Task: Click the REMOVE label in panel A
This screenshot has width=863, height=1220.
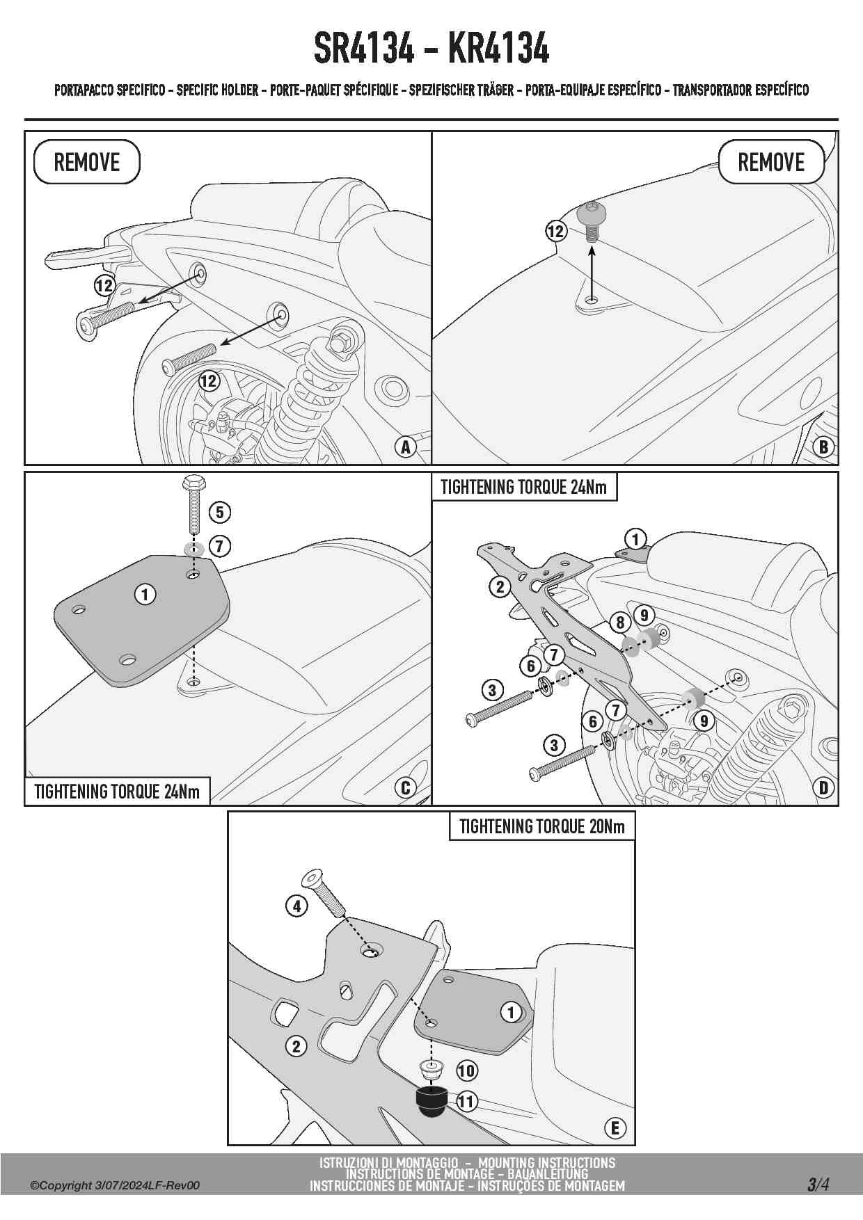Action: tap(87, 162)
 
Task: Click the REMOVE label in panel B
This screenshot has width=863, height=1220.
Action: tap(770, 162)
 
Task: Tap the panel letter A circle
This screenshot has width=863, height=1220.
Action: tap(405, 447)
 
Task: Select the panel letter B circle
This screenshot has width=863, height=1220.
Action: tap(823, 447)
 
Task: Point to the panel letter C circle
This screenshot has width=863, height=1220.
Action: tap(405, 787)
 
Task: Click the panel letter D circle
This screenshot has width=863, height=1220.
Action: tap(823, 787)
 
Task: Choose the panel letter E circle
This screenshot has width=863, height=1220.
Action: tap(615, 1127)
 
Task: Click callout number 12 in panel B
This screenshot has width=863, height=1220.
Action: tap(555, 231)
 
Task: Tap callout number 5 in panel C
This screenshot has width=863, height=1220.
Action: tap(219, 513)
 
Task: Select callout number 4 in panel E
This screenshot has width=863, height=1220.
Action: tap(296, 906)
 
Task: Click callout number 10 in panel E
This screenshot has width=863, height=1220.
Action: tap(466, 1070)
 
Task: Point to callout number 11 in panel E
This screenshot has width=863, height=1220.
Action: tap(466, 1101)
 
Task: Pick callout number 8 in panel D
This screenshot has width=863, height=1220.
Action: tap(620, 623)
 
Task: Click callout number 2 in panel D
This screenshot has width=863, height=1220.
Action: tap(499, 587)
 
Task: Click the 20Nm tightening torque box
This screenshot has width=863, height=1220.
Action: tap(541, 826)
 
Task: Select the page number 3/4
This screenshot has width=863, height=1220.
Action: tap(818, 1184)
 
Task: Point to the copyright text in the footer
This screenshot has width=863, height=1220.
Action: tap(115, 1185)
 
